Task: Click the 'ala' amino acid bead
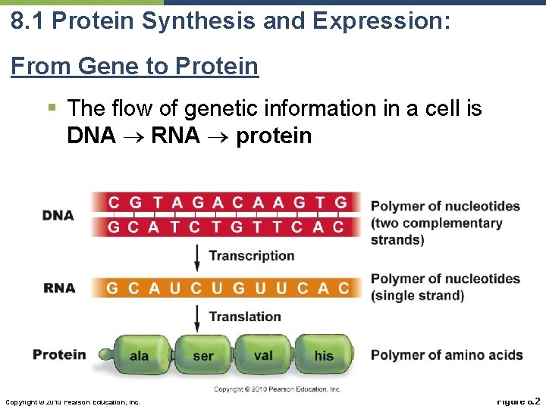[139, 355]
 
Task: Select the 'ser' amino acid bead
[203, 355]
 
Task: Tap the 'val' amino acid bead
[263, 355]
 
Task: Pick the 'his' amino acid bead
[324, 355]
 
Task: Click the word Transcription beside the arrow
[251, 256]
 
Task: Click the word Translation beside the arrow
[245, 317]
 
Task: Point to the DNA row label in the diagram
[58, 215]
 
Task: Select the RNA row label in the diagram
[59, 288]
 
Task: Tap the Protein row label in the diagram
[59, 354]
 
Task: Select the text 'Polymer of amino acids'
[447, 355]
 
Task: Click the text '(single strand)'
[417, 295]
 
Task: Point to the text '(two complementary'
[436, 223]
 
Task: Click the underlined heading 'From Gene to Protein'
[134, 67]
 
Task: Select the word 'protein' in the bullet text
[274, 136]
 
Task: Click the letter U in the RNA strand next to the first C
[175, 289]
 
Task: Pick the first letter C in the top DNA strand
[114, 202]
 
